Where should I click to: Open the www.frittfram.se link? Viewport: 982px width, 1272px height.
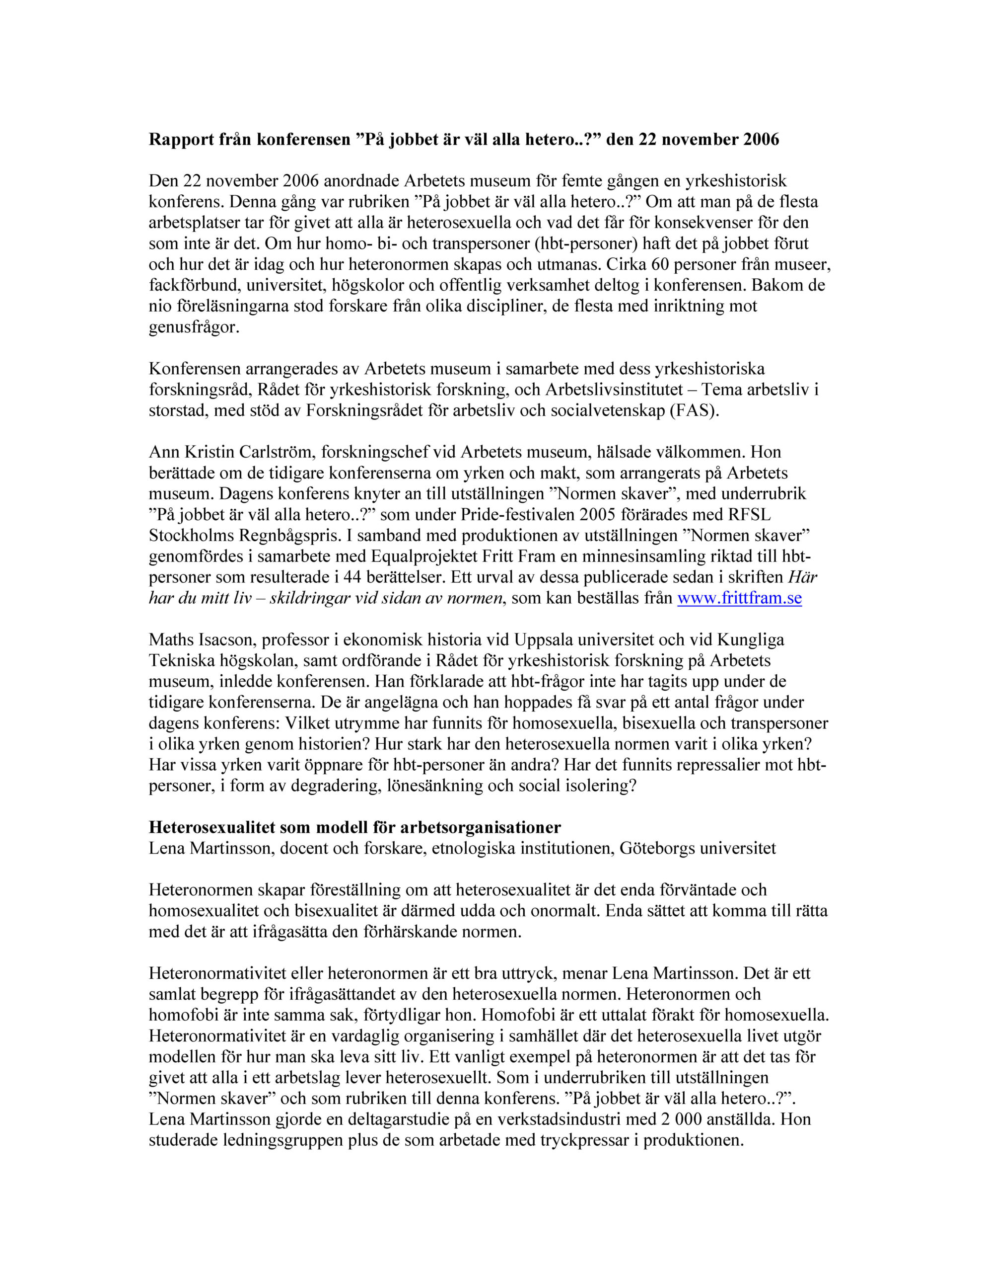coord(739,598)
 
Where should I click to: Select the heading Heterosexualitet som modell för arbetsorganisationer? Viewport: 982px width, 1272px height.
coord(355,827)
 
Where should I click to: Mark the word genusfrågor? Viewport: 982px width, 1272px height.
coord(194,327)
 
